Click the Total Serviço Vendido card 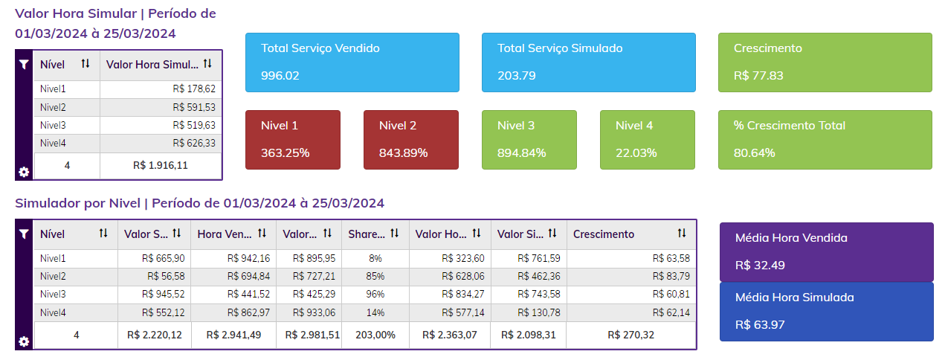point(352,62)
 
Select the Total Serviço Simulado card point(588,62)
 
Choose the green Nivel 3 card point(529,139)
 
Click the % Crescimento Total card point(825,139)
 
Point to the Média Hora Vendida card point(826,251)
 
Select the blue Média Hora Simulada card point(826,311)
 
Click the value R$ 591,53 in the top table point(194,107)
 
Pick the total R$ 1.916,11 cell point(161,165)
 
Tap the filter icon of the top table point(24,65)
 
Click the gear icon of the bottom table point(24,341)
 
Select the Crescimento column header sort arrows point(682,234)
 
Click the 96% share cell point(375,294)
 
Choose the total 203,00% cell point(375,335)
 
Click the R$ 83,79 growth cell point(671,276)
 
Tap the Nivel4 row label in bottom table point(54,312)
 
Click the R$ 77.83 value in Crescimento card point(758,75)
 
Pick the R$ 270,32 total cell point(630,335)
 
